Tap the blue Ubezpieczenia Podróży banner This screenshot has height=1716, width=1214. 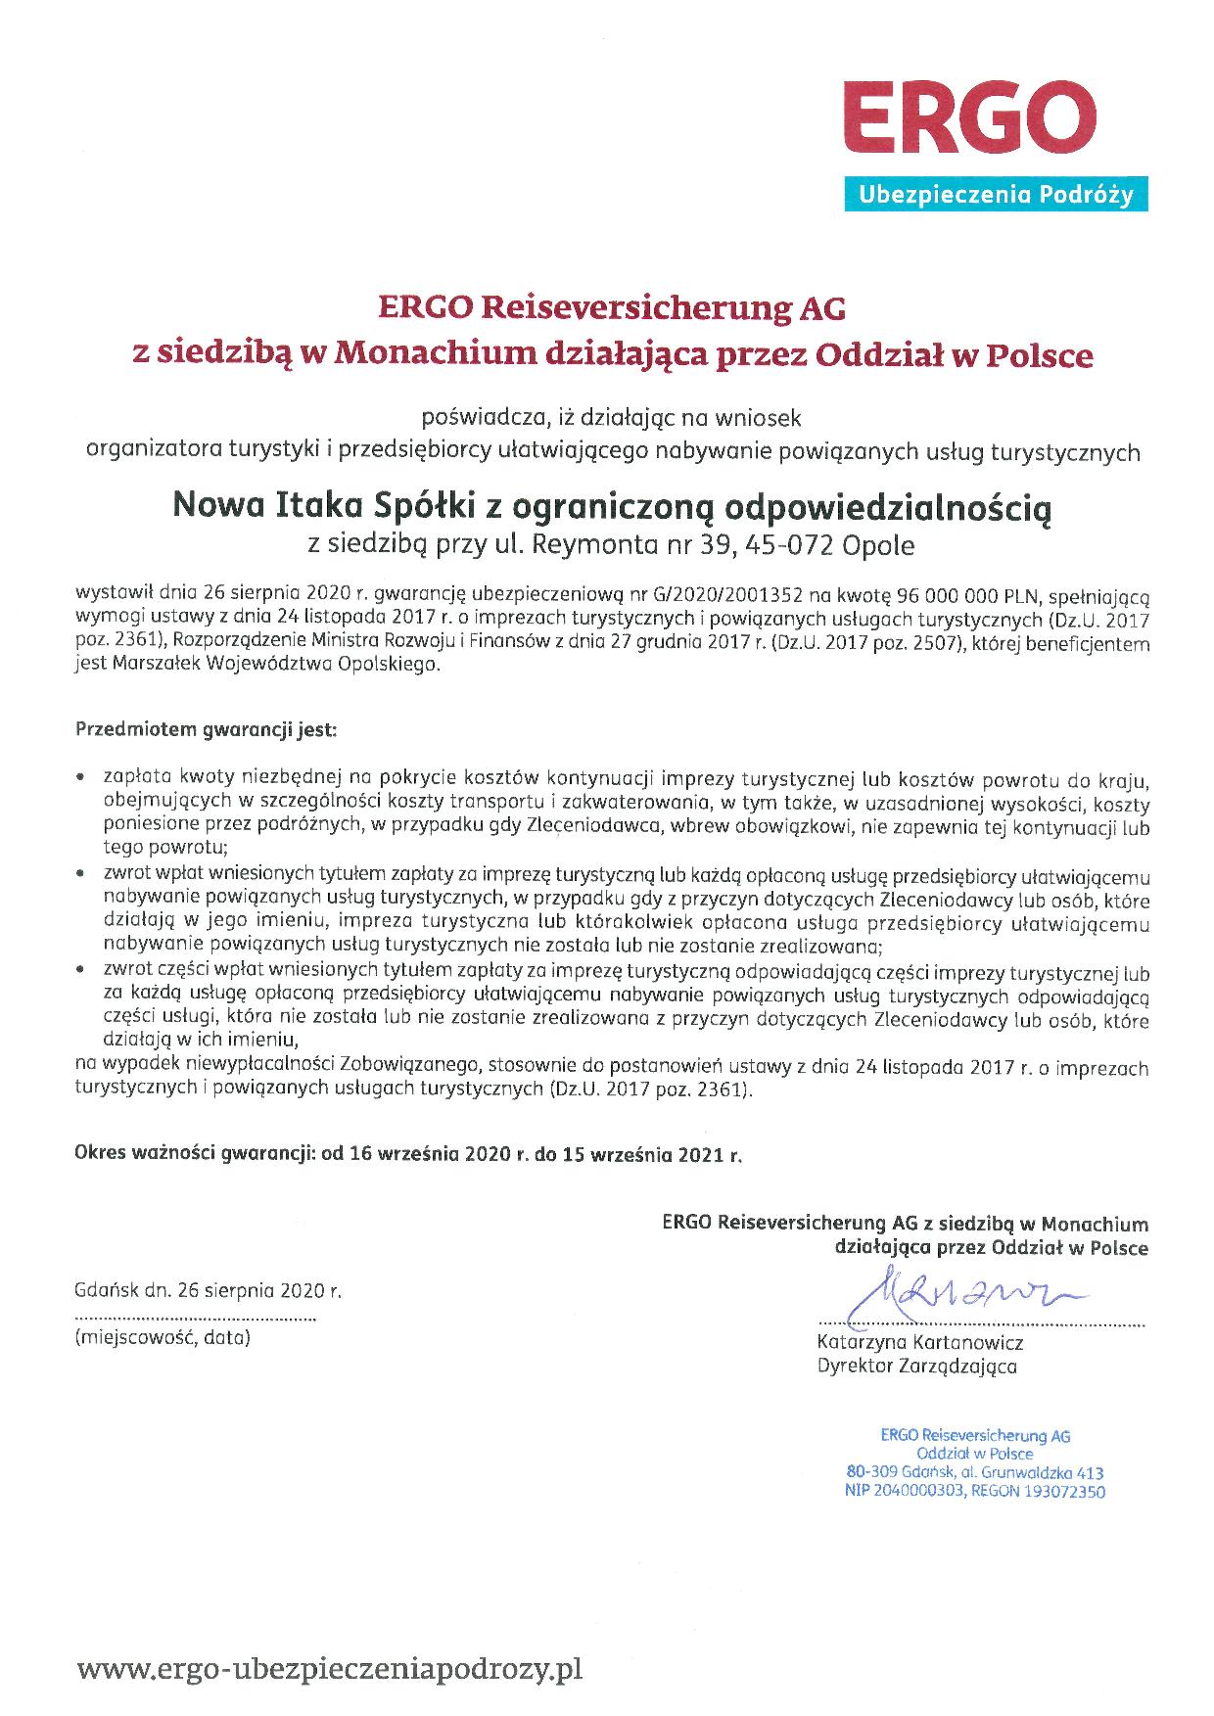tap(996, 196)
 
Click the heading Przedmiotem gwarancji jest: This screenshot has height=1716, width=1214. tap(206, 730)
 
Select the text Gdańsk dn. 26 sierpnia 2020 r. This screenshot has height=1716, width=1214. tap(208, 1290)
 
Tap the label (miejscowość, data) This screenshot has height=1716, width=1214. tap(163, 1337)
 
